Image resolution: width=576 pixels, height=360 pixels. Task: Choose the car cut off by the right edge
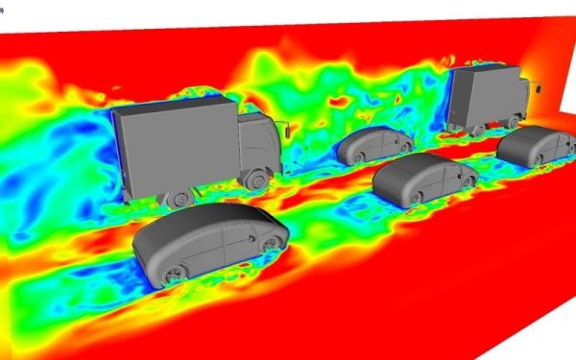point(537,145)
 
